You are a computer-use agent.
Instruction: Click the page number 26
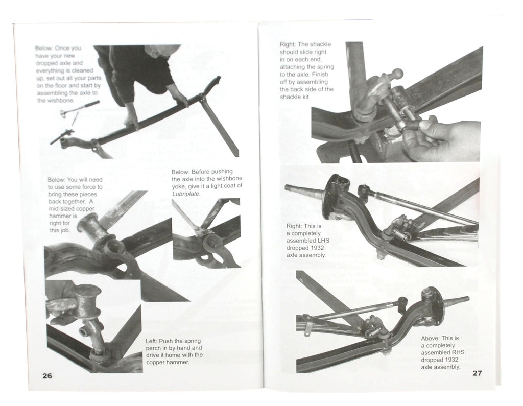(x=47, y=376)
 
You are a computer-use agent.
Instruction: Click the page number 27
(x=477, y=373)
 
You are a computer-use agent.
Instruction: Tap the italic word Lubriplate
(x=186, y=194)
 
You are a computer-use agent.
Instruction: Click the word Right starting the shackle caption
(x=288, y=45)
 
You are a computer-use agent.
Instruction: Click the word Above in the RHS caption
(x=431, y=338)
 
